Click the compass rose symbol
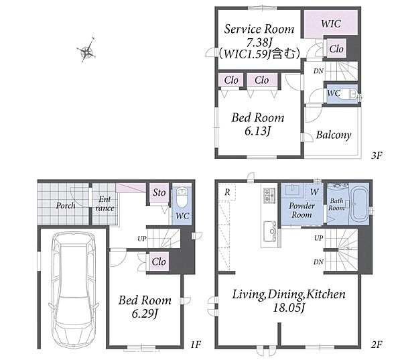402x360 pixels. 87,50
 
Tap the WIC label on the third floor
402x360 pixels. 331,24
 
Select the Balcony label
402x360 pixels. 333,135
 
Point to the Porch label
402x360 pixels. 66,205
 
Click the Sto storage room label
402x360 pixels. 159,192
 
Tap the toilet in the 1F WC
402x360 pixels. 182,198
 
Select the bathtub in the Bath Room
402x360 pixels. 360,204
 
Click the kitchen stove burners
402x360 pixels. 269,195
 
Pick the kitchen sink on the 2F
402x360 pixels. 270,231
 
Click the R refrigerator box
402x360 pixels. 227,192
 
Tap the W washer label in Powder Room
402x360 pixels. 314,192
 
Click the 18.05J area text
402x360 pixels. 288,308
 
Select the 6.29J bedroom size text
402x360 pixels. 145,313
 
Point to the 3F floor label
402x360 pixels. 377,156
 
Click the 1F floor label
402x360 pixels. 196,345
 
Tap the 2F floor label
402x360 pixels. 377,345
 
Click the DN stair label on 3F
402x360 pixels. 318,71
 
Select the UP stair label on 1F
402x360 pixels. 142,239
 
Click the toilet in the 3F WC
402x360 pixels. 350,93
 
